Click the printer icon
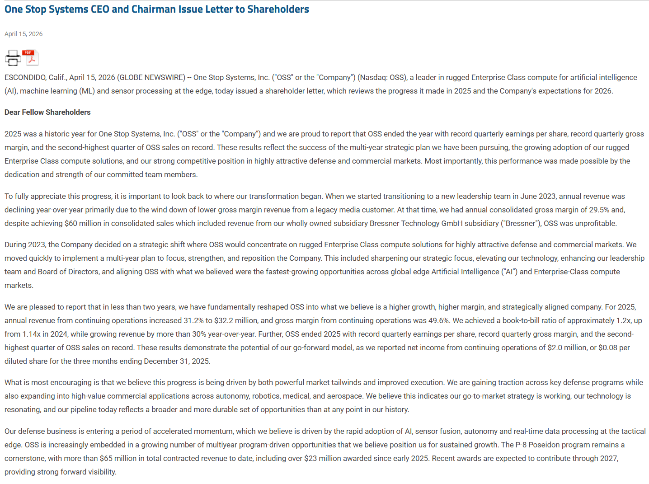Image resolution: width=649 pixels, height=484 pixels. tap(13, 58)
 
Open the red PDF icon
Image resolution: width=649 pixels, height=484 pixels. tap(30, 58)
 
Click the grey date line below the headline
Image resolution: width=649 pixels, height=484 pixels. tap(24, 34)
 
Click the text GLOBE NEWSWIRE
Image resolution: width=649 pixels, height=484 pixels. tap(151, 78)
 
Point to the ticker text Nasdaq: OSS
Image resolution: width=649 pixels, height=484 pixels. tap(382, 78)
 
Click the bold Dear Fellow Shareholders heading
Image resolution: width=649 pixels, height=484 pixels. tap(47, 112)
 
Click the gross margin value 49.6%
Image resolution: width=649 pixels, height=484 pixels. tap(438, 320)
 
